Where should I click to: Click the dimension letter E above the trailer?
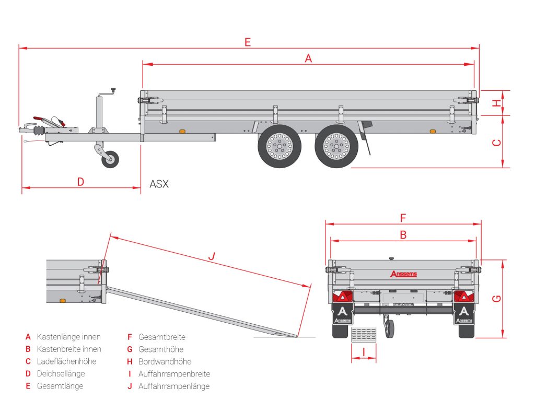tap(248, 42)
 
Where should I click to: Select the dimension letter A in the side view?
tap(308, 58)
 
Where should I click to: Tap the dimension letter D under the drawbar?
tap(80, 182)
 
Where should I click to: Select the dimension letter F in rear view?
tap(403, 218)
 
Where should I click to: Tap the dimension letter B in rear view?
tap(403, 235)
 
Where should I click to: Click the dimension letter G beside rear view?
tap(497, 298)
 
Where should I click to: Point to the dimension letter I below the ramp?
tap(363, 352)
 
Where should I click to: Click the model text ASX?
tap(159, 184)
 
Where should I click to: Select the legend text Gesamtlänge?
tap(60, 386)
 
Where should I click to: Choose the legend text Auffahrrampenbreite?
tap(174, 374)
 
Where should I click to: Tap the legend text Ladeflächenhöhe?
tap(66, 361)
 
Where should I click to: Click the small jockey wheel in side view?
tap(110, 159)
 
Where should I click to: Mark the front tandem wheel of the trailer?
tap(280, 146)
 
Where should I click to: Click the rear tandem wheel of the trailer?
tap(335, 146)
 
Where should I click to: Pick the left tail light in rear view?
tap(343, 297)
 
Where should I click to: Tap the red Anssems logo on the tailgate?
tap(403, 274)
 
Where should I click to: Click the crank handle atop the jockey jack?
tap(112, 91)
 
